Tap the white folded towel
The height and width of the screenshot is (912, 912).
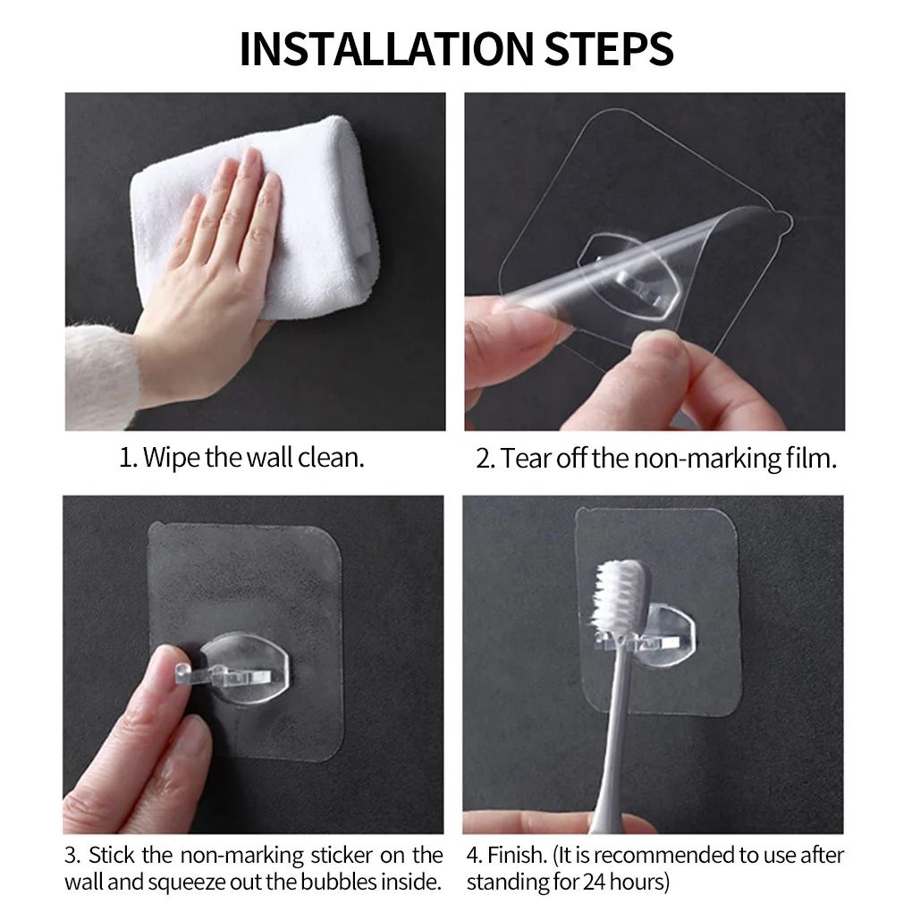point(295,206)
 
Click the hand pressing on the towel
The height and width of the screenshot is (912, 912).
point(215,268)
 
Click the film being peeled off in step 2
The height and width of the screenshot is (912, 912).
point(626,268)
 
